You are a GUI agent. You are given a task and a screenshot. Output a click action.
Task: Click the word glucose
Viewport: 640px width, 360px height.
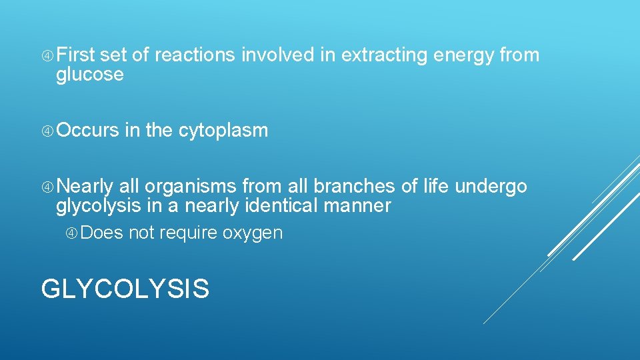[90, 75]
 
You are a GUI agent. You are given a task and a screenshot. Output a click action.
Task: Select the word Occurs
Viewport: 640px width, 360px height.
[87, 131]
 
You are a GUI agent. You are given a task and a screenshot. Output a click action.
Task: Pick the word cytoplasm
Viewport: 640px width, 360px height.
[223, 131]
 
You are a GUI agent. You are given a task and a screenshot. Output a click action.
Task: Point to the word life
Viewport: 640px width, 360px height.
[435, 187]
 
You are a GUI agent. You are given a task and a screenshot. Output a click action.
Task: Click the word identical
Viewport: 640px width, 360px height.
[280, 206]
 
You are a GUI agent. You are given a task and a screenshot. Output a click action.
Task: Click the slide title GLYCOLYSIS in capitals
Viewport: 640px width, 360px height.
[125, 289]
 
